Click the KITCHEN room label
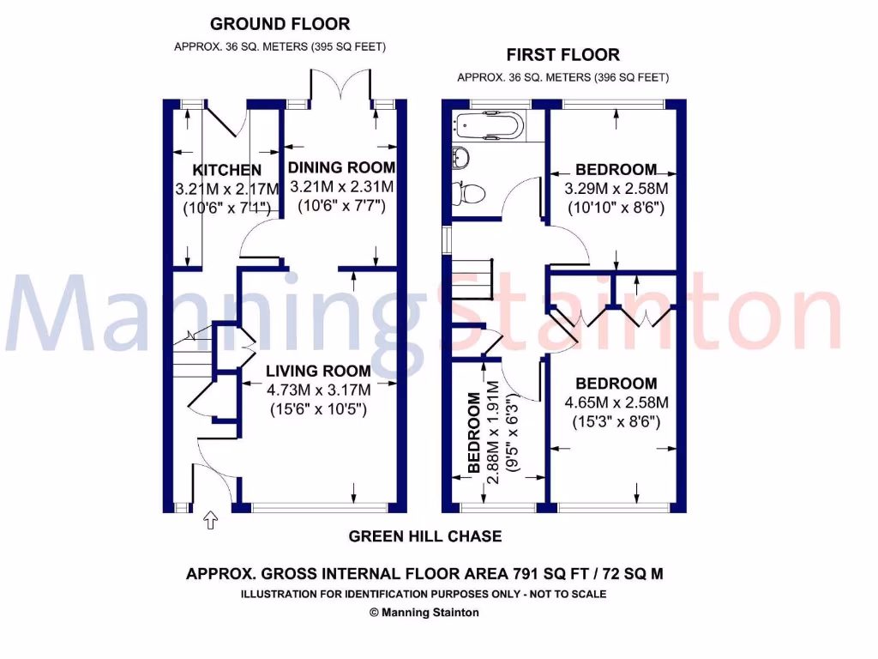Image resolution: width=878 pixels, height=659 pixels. click(226, 170)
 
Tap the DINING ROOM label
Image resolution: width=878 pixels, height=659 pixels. click(341, 167)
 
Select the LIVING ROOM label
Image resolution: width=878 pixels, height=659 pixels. click(317, 371)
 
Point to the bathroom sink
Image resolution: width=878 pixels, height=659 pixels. click(460, 157)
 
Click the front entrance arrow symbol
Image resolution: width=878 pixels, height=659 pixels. click(210, 520)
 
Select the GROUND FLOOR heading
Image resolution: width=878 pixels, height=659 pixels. click(280, 24)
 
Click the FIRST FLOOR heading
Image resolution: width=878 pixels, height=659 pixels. click(562, 55)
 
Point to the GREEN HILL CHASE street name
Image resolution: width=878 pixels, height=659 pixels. click(424, 536)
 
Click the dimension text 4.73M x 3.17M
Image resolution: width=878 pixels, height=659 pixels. click(317, 390)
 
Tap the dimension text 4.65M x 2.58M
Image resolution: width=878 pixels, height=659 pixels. click(616, 402)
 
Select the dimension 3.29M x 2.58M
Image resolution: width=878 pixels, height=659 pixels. click(616, 188)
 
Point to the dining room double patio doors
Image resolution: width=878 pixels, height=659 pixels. click(329, 86)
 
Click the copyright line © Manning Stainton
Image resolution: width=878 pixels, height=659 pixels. click(424, 613)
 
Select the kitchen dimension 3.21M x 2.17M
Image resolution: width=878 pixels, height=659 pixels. click(226, 189)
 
